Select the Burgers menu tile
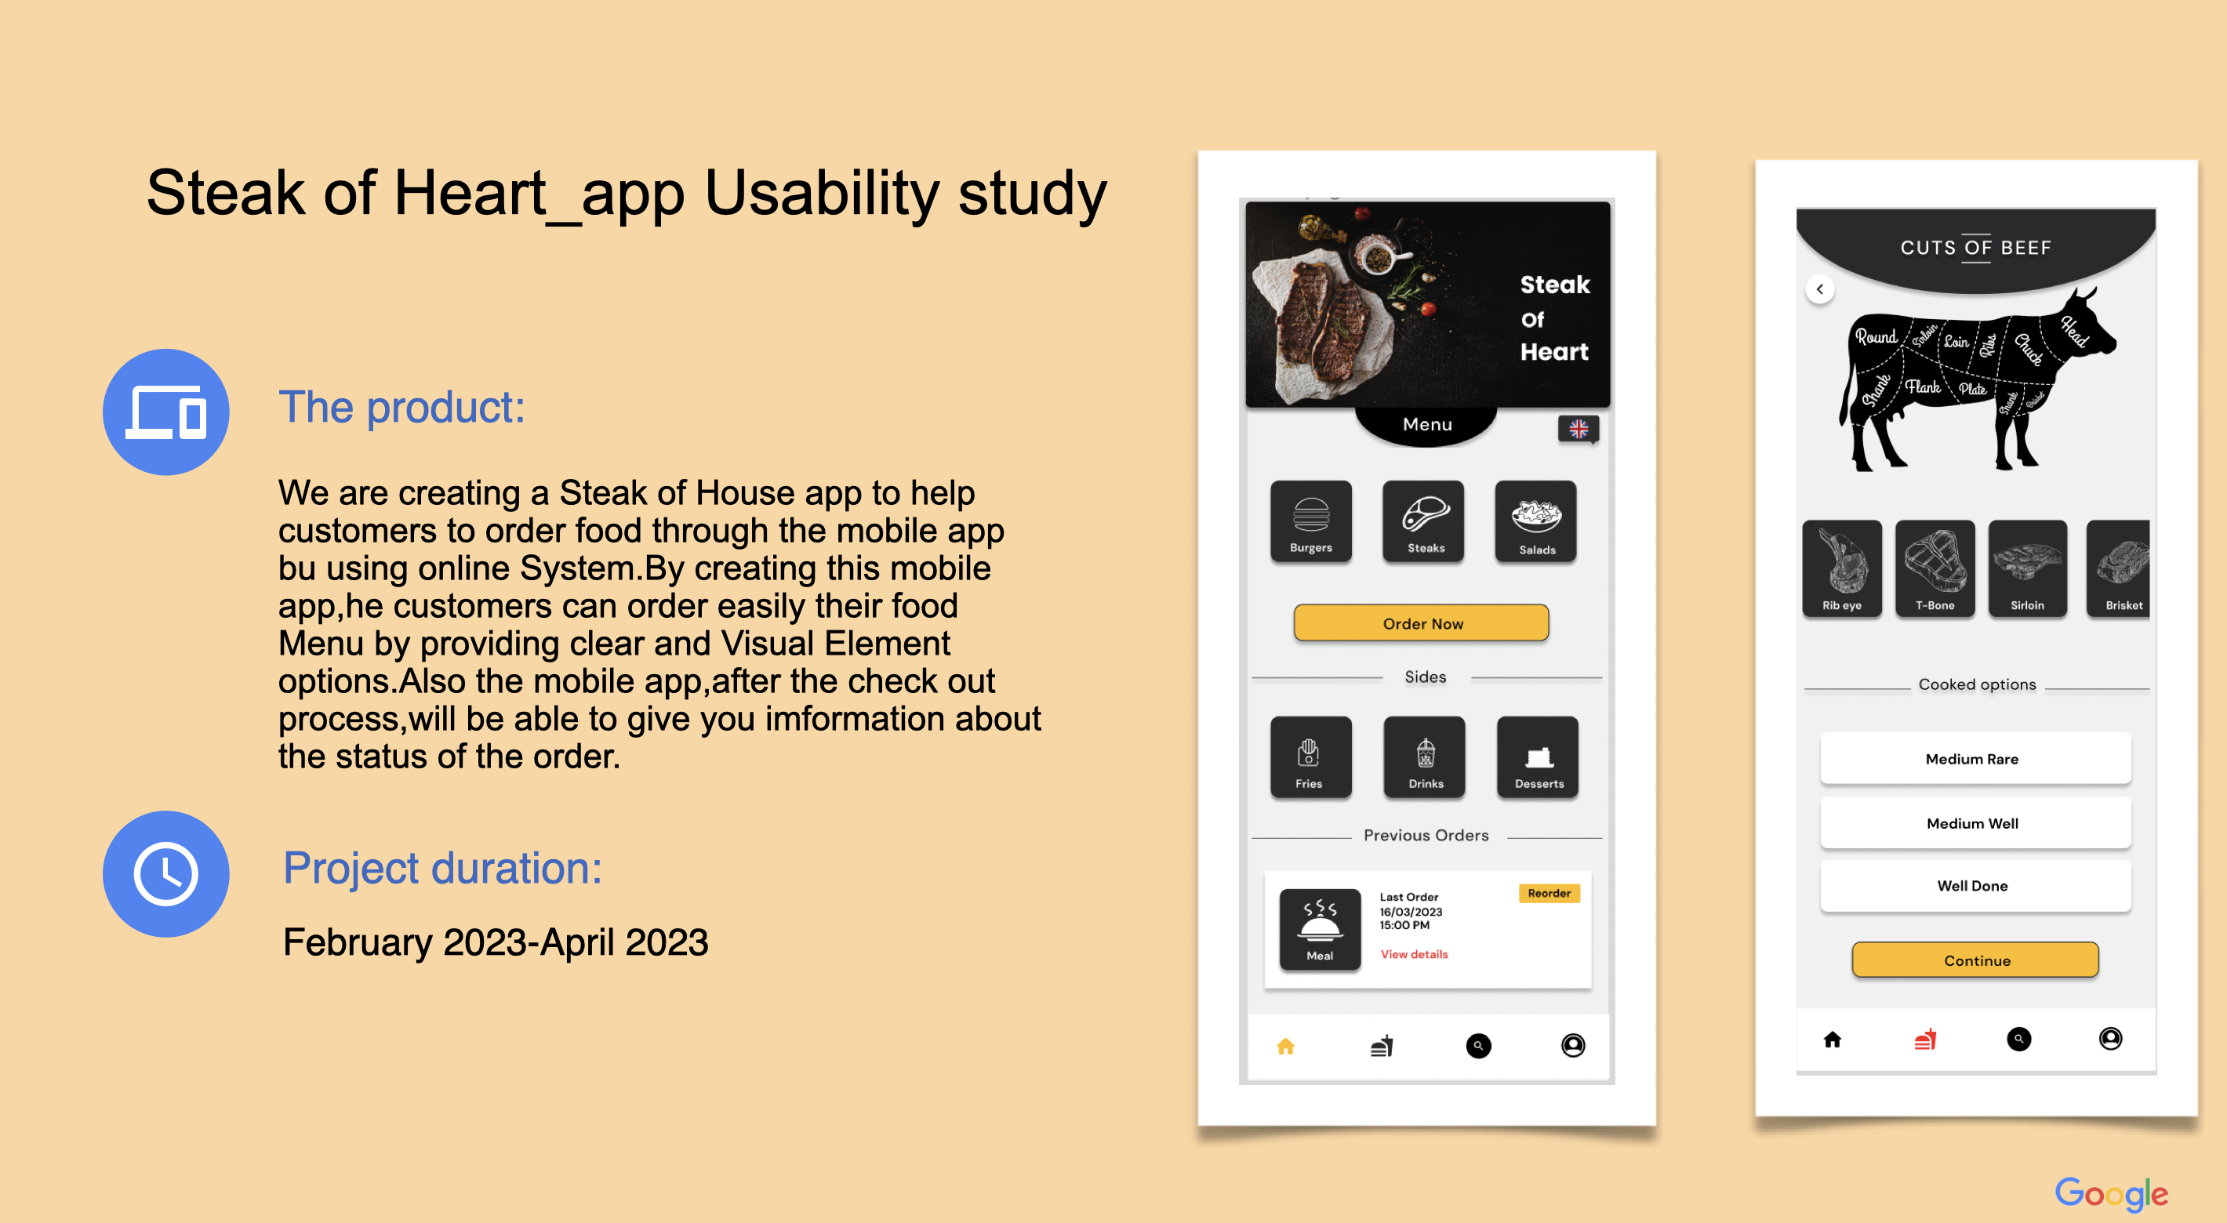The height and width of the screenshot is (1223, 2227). (1310, 522)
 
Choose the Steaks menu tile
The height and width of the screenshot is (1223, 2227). (1424, 522)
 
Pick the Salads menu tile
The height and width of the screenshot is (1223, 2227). (1536, 522)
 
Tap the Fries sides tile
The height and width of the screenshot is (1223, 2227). (1310, 757)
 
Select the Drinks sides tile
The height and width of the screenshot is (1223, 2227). (1425, 757)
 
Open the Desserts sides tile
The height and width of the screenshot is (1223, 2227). (1538, 757)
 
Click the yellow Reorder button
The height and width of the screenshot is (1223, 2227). (1549, 893)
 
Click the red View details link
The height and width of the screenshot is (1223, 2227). (1414, 954)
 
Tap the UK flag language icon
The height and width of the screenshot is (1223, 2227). (1578, 429)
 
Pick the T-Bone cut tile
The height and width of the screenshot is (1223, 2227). (1934, 568)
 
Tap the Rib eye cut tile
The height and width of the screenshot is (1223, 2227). (1841, 568)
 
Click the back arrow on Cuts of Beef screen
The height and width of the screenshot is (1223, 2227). (1820, 289)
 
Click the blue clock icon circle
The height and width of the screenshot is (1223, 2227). (166, 874)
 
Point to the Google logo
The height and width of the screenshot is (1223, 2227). (2110, 1194)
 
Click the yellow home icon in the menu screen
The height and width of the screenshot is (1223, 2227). (1285, 1047)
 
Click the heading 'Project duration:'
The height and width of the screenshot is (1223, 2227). (442, 868)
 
